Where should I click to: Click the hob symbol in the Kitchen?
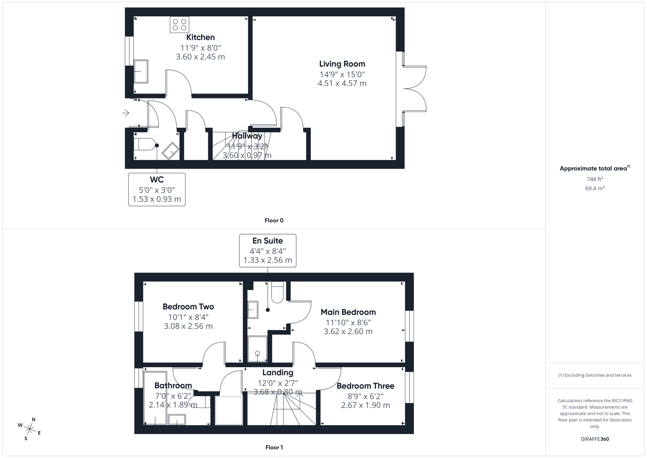point(179,25)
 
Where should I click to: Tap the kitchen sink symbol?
point(141,71)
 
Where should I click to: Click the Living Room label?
point(342,64)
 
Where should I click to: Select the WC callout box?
point(157,189)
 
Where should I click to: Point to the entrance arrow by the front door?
point(125,113)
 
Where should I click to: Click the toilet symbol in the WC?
point(144,144)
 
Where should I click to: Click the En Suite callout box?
point(267,251)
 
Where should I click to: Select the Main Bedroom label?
point(348,312)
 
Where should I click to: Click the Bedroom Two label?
point(188,307)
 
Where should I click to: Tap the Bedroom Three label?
point(365,386)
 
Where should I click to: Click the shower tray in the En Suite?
point(257,349)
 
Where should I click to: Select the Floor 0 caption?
point(274,221)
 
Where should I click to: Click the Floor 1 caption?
point(274,447)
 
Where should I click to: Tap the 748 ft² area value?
point(594,179)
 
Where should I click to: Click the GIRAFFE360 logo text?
point(594,439)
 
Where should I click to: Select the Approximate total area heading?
point(594,168)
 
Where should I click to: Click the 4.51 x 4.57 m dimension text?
point(342,84)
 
